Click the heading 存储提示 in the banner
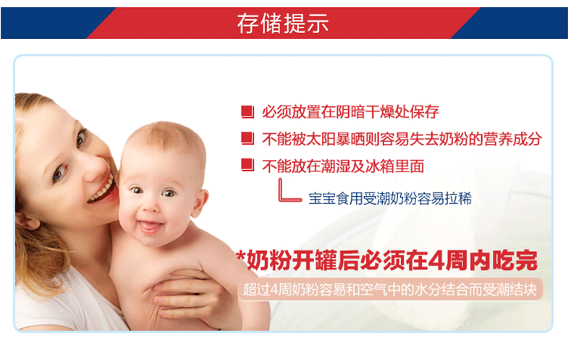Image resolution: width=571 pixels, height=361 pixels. (x=283, y=23)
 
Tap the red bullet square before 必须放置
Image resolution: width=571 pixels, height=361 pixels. (x=248, y=111)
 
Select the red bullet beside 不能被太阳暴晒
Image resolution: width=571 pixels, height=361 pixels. (x=248, y=139)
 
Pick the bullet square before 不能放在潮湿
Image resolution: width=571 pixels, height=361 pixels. (x=248, y=166)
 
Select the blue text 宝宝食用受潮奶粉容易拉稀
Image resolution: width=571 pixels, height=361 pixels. (x=390, y=199)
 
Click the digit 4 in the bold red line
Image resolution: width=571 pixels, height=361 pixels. (x=436, y=260)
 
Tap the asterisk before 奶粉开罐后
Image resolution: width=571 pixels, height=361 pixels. (x=241, y=256)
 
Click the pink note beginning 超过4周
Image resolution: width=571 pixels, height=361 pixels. (x=390, y=289)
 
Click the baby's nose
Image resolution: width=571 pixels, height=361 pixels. (x=151, y=206)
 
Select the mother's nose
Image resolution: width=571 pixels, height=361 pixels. (x=94, y=166)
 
